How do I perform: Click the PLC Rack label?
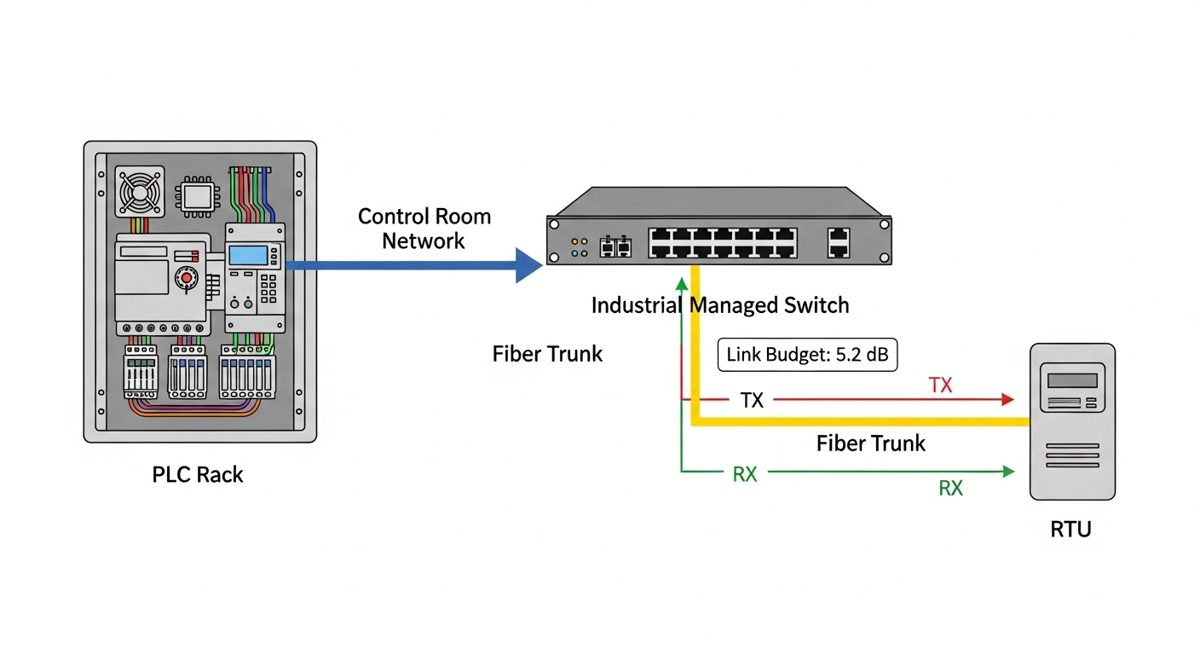198,475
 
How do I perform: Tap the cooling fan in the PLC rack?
139,191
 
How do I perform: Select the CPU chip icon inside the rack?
197,197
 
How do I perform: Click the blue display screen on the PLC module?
248,254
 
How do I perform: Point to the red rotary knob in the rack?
183,277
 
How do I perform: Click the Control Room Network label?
424,228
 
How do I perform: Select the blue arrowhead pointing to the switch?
528,265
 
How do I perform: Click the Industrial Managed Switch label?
720,304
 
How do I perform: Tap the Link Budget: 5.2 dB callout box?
807,354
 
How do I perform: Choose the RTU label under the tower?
1070,530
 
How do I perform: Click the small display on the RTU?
1071,380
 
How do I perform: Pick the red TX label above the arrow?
940,385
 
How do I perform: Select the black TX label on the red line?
752,400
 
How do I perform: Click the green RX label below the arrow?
950,488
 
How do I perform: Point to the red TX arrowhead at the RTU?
1008,399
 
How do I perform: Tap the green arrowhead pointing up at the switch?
681,284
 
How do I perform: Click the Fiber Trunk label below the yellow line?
870,443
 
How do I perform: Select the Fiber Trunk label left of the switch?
547,354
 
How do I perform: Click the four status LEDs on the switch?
579,246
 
